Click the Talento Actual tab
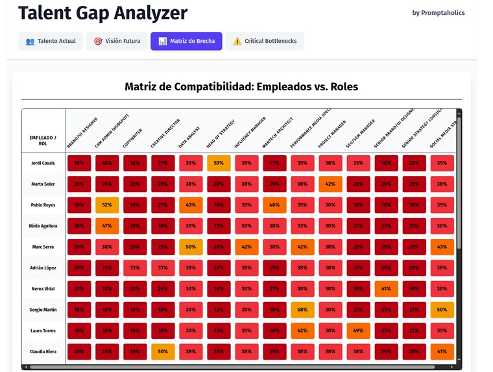(x=51, y=41)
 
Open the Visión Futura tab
(x=117, y=41)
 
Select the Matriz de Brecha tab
(x=187, y=41)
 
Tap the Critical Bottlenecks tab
(x=265, y=41)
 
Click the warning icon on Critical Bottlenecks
(x=237, y=41)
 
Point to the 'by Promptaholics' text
(x=439, y=12)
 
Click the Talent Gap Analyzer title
(x=102, y=12)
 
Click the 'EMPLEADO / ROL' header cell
(x=43, y=140)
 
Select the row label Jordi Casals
(x=43, y=163)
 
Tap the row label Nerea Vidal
(x=43, y=289)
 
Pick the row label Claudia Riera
(x=43, y=352)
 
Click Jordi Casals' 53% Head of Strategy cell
(x=219, y=163)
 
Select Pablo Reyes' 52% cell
(x=107, y=205)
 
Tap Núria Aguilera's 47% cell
(x=107, y=226)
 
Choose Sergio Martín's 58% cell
(x=302, y=310)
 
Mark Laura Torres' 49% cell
(x=358, y=331)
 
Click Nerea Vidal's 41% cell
(x=386, y=289)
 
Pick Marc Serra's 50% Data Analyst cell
(x=191, y=247)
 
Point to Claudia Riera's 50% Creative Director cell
(x=163, y=352)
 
